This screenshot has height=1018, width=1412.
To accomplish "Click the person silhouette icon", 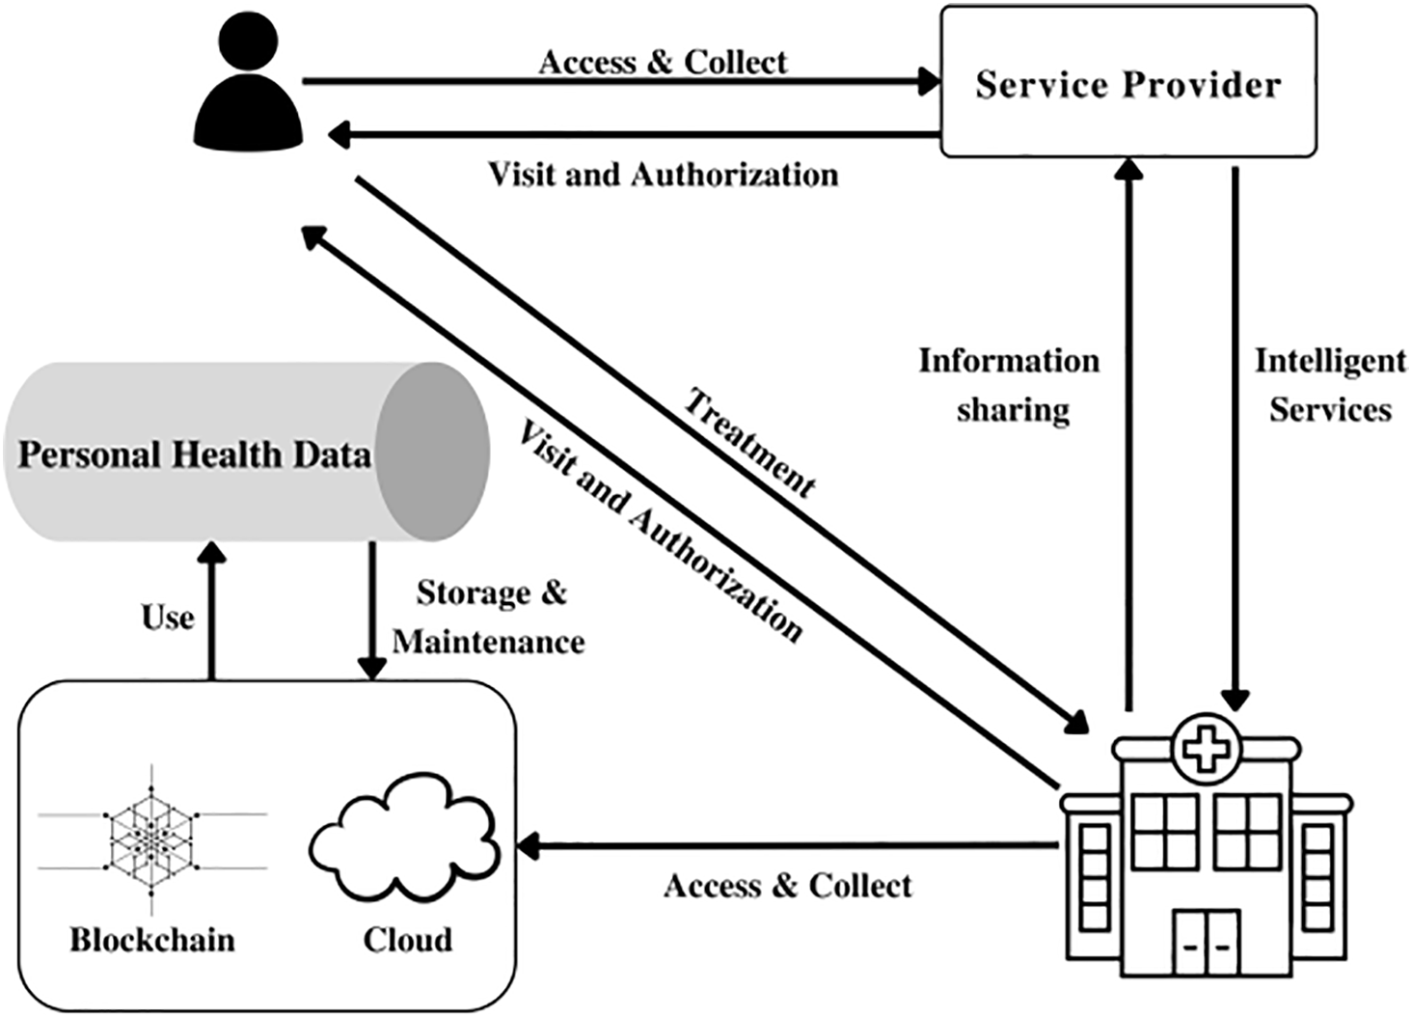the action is tap(248, 81).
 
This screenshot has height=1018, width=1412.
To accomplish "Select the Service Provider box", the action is tap(1128, 81).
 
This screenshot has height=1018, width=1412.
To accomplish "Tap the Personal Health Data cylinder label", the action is tap(194, 454).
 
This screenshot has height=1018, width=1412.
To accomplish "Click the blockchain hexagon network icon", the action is tap(152, 840).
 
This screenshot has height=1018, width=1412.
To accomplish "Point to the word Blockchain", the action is tap(152, 939).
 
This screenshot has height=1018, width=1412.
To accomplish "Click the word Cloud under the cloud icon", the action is tap(408, 939).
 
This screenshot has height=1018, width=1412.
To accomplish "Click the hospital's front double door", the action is tap(1206, 943).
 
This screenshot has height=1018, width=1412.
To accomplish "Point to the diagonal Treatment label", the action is tap(750, 444).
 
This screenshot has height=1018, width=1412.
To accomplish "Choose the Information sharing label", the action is tap(1009, 385).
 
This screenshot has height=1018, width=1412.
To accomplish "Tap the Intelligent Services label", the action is tap(1330, 385).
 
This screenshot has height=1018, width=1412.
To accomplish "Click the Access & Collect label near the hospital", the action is tap(788, 886).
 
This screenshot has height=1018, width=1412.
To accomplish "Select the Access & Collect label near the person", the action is tap(664, 62).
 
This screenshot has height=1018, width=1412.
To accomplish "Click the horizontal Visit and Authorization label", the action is tap(664, 174).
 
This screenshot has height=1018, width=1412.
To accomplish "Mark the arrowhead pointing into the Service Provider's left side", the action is tap(929, 81).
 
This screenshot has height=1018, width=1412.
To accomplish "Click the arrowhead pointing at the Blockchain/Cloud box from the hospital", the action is tap(529, 846).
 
